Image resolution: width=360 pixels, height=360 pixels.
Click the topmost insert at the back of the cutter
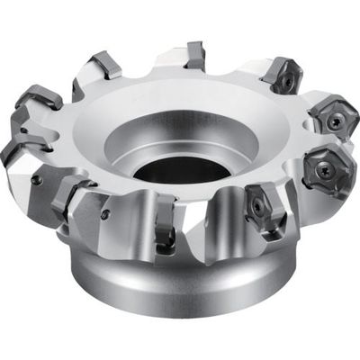tap(191, 56)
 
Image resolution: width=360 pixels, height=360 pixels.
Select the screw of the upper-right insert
tap(286, 79)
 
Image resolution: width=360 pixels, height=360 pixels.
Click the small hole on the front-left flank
tap(105, 214)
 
